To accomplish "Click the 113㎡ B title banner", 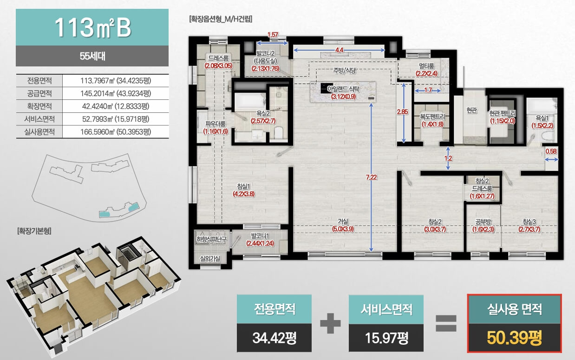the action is [92, 27].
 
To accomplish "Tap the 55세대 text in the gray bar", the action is [92, 56].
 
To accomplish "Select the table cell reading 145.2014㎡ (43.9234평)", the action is [116, 93].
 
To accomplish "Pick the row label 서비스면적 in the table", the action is [39, 119].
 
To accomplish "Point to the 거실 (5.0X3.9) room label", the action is [343, 225].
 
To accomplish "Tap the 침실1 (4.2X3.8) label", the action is [243, 190].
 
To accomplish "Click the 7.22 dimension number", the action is [371, 177].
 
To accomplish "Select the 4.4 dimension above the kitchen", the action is [339, 50].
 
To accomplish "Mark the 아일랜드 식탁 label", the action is [343, 89].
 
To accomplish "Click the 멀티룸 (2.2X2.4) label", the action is [426, 70].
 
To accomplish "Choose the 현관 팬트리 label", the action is [503, 113].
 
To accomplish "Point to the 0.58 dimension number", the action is [551, 151].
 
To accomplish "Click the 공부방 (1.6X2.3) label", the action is [483, 226].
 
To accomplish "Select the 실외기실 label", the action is [210, 259].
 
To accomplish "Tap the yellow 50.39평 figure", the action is [514, 337].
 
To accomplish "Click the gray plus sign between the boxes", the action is [330, 323].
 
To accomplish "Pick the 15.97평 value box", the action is [386, 338].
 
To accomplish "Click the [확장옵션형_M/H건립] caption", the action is [221, 19].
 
